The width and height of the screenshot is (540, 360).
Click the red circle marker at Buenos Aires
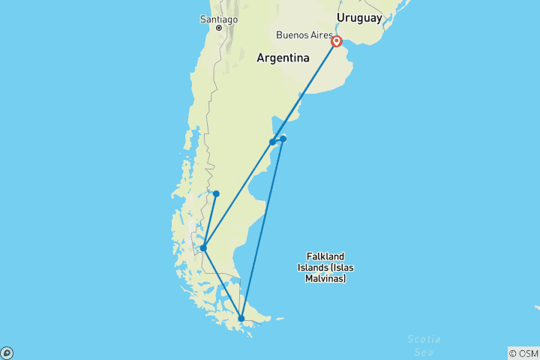337,42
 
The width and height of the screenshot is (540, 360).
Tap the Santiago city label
218,18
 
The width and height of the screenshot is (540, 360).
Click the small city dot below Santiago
219,28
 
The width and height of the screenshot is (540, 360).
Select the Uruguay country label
359,17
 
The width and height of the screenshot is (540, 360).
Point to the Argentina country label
283,58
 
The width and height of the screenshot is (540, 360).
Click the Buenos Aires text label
304,34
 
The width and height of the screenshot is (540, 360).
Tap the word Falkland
326,256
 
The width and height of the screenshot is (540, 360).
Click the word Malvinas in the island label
326,278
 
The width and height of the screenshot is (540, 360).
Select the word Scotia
424,339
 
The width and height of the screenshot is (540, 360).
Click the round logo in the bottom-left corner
7,352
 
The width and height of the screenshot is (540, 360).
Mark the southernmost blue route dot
241,319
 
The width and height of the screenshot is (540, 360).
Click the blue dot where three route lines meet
203,248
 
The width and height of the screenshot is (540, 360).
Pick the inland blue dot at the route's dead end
216,193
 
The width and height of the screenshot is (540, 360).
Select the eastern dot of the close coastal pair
283,138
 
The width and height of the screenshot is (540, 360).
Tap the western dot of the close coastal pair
272,142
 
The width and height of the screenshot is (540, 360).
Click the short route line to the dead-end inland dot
210,220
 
